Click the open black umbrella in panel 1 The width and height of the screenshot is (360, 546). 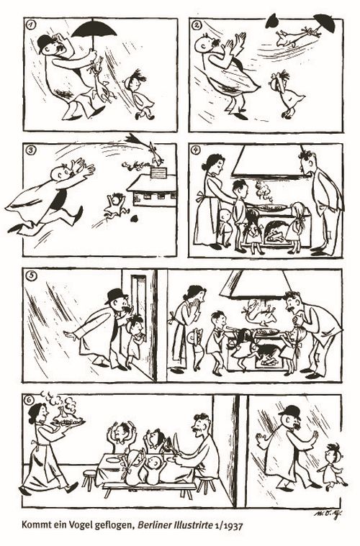(x=94, y=29)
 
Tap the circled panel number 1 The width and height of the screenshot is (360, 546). (x=31, y=24)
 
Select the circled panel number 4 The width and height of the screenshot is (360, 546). (x=197, y=150)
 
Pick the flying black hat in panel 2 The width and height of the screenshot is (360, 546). (x=273, y=22)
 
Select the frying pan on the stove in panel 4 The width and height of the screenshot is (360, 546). (x=269, y=207)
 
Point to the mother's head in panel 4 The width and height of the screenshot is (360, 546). (x=212, y=163)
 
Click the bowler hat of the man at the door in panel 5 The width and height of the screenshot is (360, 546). (x=116, y=296)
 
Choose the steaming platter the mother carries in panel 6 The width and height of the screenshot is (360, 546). (x=68, y=422)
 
